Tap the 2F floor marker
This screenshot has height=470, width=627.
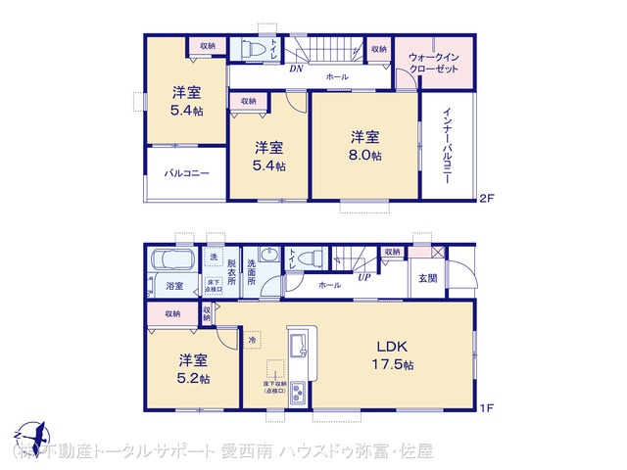tap(486, 198)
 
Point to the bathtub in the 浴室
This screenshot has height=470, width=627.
tap(172, 261)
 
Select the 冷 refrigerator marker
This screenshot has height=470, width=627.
tap(252, 340)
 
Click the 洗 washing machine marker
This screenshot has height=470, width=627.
tap(213, 257)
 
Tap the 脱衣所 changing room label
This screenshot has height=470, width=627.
tap(232, 272)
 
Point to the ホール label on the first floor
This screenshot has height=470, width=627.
tap(329, 285)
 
